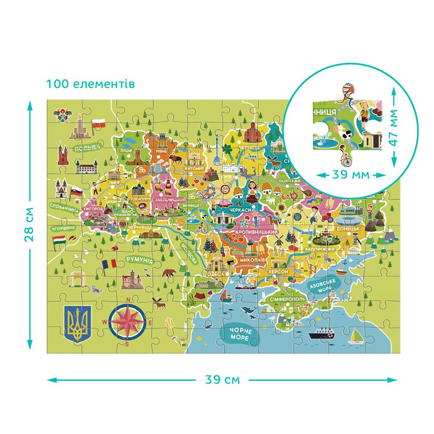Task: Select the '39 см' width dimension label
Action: (222, 379)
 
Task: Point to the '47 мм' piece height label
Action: (393, 128)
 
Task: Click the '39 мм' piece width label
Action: (351, 175)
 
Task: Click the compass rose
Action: (128, 322)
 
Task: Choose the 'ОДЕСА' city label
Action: (215, 274)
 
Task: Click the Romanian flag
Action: (109, 264)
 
